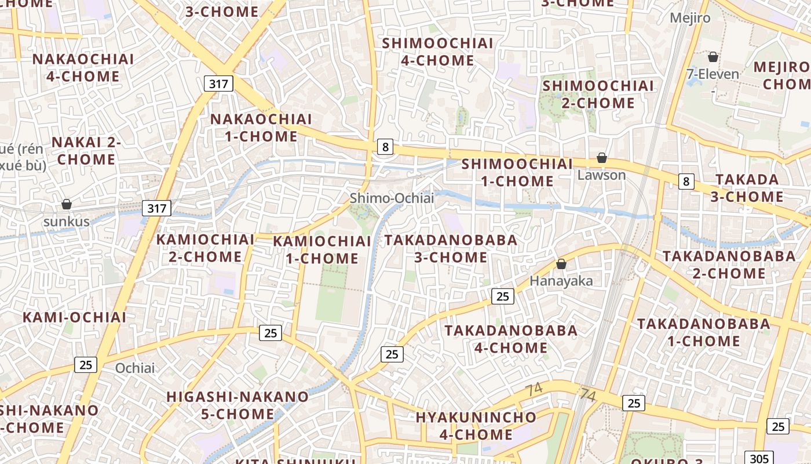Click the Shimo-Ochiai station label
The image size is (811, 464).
392,198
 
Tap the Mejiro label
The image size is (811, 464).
690,18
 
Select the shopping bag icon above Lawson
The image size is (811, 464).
602,158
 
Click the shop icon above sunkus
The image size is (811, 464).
67,204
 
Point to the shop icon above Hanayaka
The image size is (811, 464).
561,264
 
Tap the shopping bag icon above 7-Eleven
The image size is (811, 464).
713,57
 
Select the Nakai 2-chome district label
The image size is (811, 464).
86,151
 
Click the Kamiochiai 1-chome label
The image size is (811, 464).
322,250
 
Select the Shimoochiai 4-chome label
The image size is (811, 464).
438,52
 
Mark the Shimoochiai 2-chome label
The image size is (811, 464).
598,95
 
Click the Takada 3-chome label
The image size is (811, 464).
747,188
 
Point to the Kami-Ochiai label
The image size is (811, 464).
74,317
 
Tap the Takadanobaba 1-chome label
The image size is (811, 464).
704,332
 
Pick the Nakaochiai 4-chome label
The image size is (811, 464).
83,67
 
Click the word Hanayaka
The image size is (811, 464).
561,281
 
